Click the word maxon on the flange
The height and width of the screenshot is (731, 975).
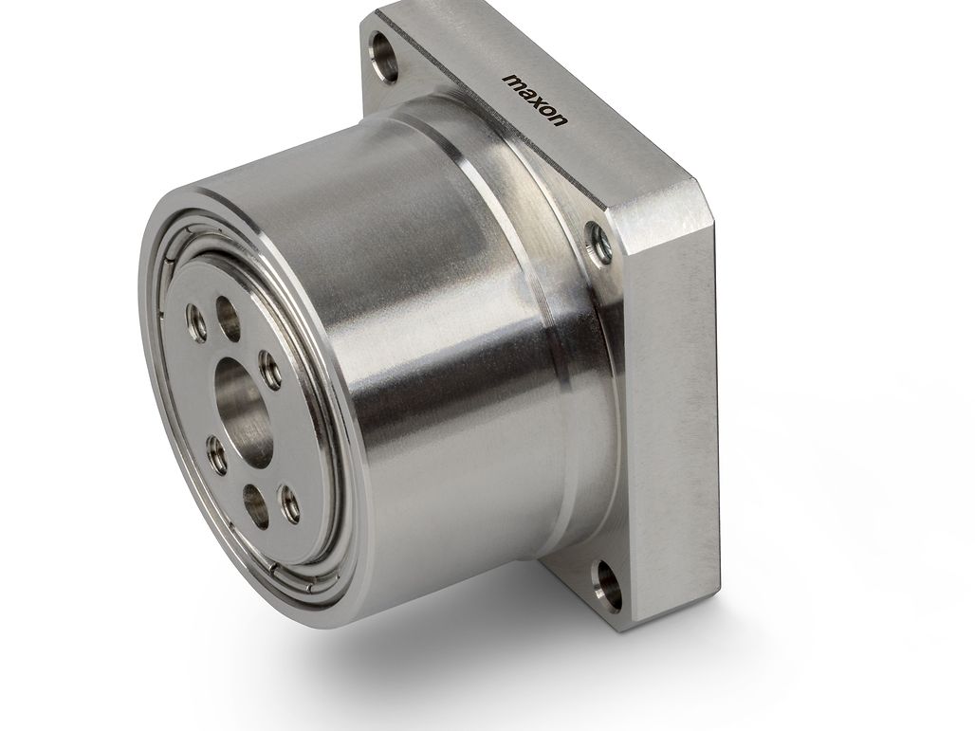(x=535, y=100)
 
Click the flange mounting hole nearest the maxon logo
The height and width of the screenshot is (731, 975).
(x=384, y=56)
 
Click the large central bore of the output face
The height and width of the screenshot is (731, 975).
(x=244, y=411)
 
